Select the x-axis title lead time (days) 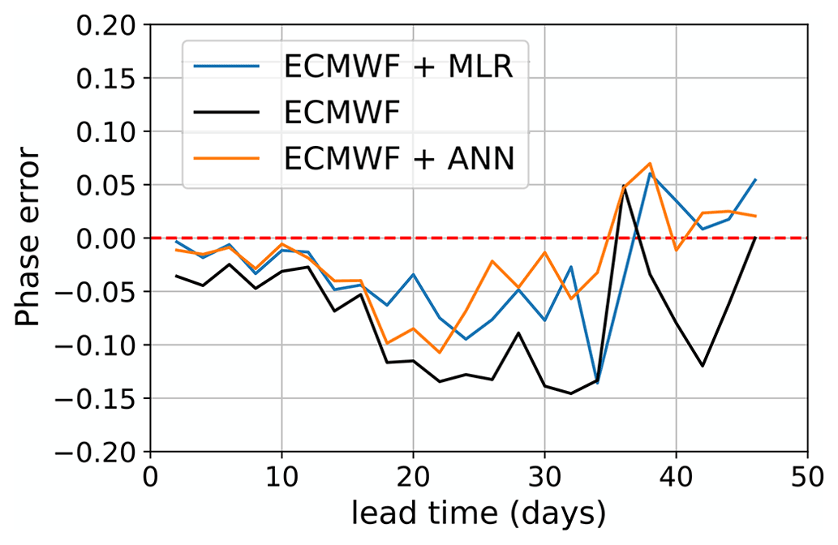coord(478,513)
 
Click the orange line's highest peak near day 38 coord(650,163)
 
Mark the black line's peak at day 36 coord(624,186)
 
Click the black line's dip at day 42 coord(703,366)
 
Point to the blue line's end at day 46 coord(755,179)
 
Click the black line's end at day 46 coord(755,238)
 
